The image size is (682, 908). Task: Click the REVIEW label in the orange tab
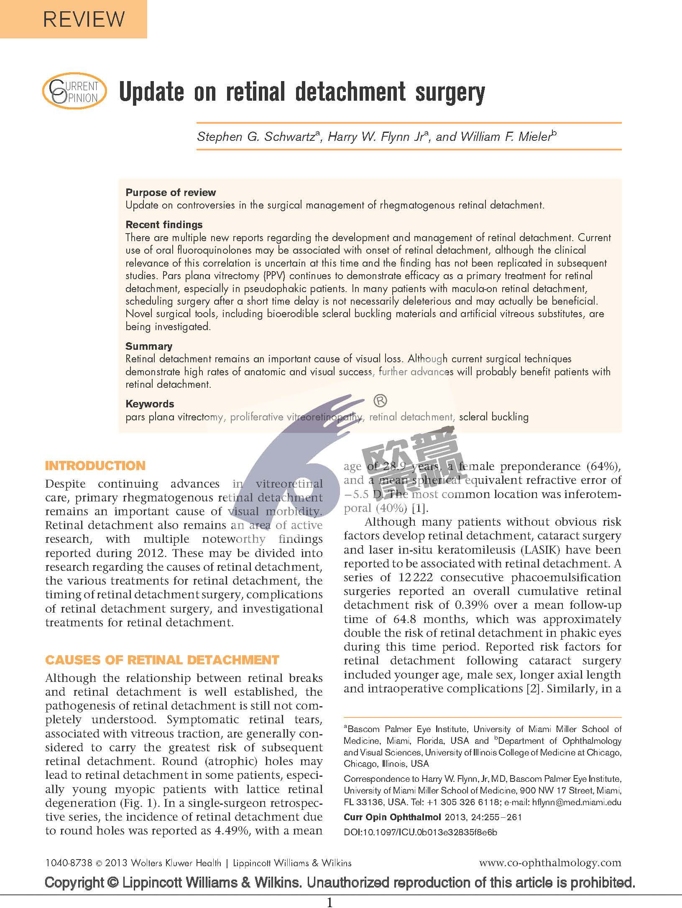(x=84, y=20)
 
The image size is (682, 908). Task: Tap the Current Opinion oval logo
(x=74, y=92)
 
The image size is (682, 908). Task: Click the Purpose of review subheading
(x=171, y=193)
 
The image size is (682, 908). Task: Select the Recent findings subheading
(x=164, y=225)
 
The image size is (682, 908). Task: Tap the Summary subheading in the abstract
(x=148, y=346)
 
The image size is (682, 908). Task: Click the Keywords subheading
(x=150, y=404)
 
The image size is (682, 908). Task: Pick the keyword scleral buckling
(x=493, y=417)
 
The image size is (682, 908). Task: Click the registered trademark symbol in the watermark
(x=379, y=401)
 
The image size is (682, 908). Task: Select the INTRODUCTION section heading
(x=95, y=466)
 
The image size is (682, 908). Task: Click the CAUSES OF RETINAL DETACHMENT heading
(x=162, y=660)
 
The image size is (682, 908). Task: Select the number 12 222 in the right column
(x=416, y=577)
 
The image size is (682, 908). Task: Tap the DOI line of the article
(x=420, y=832)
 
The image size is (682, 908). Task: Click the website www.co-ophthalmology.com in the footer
(x=550, y=862)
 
